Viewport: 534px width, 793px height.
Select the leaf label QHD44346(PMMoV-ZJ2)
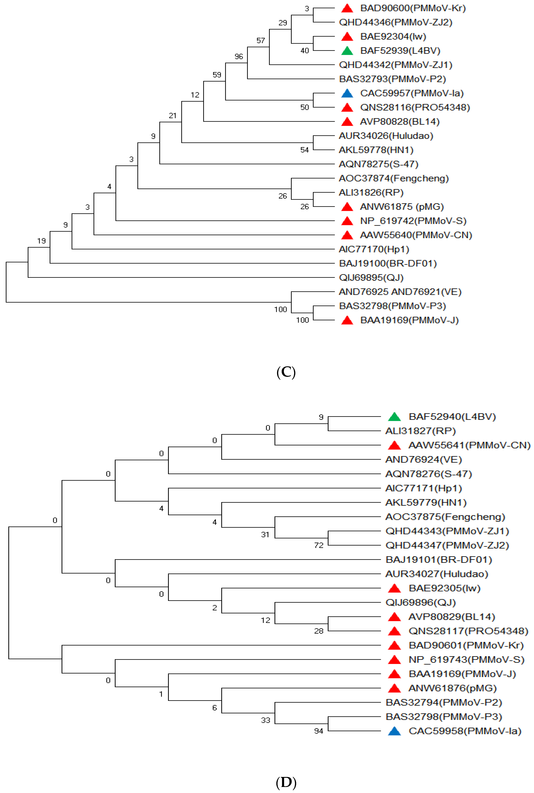(395, 22)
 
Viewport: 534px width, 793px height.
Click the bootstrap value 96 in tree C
(239, 56)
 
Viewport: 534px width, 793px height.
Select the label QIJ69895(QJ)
(371, 278)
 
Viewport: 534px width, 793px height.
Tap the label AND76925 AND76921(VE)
(400, 292)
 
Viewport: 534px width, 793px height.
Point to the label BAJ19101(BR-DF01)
(439, 560)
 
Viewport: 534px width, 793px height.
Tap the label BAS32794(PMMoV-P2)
(443, 703)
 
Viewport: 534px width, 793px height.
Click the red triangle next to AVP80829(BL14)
(394, 617)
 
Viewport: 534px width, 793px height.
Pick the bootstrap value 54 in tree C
(304, 150)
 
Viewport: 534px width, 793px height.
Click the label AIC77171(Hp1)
(423, 488)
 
